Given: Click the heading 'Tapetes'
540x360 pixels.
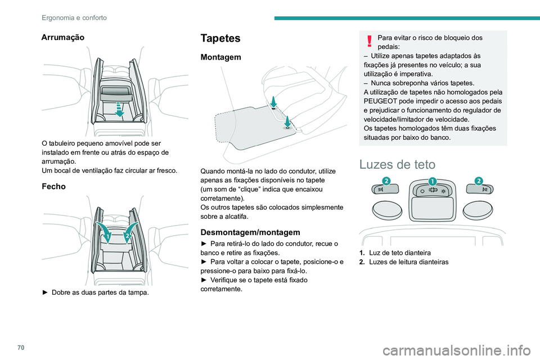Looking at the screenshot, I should tap(220, 38).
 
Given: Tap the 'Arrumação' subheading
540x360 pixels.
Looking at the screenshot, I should tap(63, 37).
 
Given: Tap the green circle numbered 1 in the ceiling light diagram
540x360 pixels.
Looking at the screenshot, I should tap(432, 181).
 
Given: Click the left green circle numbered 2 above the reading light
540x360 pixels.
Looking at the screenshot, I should tap(386, 180).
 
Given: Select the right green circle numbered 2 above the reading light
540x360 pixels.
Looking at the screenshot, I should tap(478, 180).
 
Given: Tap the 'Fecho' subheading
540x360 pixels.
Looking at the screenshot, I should tap(54, 186).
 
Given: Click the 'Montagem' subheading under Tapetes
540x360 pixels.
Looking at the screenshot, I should tap(221, 57).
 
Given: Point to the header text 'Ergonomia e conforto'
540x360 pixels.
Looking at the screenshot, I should tap(74, 17).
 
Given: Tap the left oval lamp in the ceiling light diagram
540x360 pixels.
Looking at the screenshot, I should tap(387, 211).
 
